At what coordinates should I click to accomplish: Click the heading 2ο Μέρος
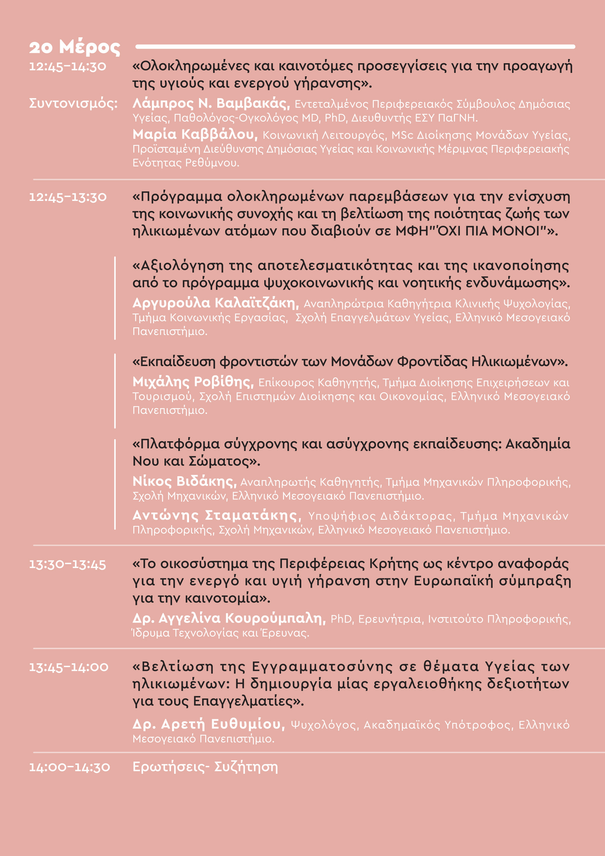point(75,47)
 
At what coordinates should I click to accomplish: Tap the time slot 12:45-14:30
point(67,67)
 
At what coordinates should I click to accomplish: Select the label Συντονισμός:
point(73,103)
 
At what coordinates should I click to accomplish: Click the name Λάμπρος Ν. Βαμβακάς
point(211,103)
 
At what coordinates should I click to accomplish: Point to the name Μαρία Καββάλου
point(195,134)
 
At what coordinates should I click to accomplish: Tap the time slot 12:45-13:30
point(68,197)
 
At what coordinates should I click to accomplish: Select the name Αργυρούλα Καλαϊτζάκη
point(216,303)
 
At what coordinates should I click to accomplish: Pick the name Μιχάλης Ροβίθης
point(193,382)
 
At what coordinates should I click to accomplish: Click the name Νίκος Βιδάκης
point(185,481)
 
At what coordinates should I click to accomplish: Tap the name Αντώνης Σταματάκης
point(217,515)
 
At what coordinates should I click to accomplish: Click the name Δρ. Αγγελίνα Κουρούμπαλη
point(229,618)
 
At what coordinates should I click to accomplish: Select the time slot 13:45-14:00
point(69,667)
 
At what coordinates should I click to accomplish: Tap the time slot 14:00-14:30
point(70,768)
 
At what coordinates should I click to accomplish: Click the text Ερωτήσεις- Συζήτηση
point(205,767)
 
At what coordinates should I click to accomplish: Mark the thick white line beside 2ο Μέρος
point(355,47)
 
